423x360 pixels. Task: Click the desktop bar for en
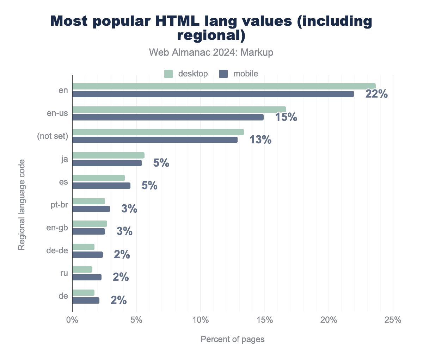(x=224, y=86)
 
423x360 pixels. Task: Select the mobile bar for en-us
(x=168, y=117)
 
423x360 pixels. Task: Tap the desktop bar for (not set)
(x=158, y=132)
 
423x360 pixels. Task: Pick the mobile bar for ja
(x=107, y=163)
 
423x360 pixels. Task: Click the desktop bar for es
(x=98, y=178)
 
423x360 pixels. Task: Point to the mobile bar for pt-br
(x=91, y=209)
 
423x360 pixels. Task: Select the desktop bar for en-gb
(x=90, y=224)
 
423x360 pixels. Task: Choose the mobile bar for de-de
(x=87, y=255)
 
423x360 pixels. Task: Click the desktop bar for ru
(x=82, y=269)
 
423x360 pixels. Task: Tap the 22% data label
(x=376, y=94)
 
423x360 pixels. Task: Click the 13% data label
(x=260, y=140)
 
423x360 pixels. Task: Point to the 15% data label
(x=286, y=117)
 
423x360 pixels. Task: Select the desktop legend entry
(x=186, y=74)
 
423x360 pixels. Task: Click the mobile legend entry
(x=239, y=74)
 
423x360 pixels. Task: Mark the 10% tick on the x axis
(x=200, y=320)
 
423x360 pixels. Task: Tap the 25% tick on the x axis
(x=393, y=320)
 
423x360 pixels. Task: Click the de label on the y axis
(x=63, y=296)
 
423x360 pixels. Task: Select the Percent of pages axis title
(x=232, y=339)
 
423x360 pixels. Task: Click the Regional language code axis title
(x=22, y=205)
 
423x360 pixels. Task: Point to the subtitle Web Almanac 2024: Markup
(x=211, y=52)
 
